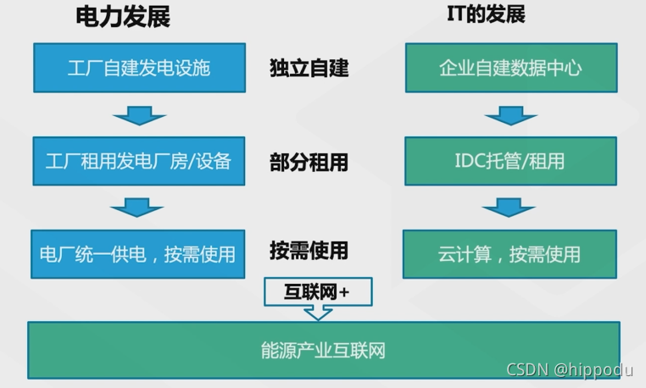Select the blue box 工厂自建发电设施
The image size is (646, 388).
pyautogui.click(x=138, y=68)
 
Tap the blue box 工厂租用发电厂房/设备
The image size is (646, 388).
pyautogui.click(x=138, y=161)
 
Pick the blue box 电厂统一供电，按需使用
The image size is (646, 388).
pyautogui.click(x=138, y=253)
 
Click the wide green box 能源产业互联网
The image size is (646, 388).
pyautogui.click(x=323, y=350)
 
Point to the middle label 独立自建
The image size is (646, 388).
pyautogui.click(x=309, y=69)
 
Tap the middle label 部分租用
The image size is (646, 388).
pyautogui.click(x=309, y=161)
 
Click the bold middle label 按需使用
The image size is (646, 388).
pyautogui.click(x=309, y=252)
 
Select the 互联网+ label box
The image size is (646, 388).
pyautogui.click(x=318, y=291)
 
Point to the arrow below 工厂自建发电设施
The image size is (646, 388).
pyautogui.click(x=138, y=115)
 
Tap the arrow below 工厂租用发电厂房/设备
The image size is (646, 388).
pyautogui.click(x=138, y=208)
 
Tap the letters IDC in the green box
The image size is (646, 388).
pyautogui.click(x=472, y=161)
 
